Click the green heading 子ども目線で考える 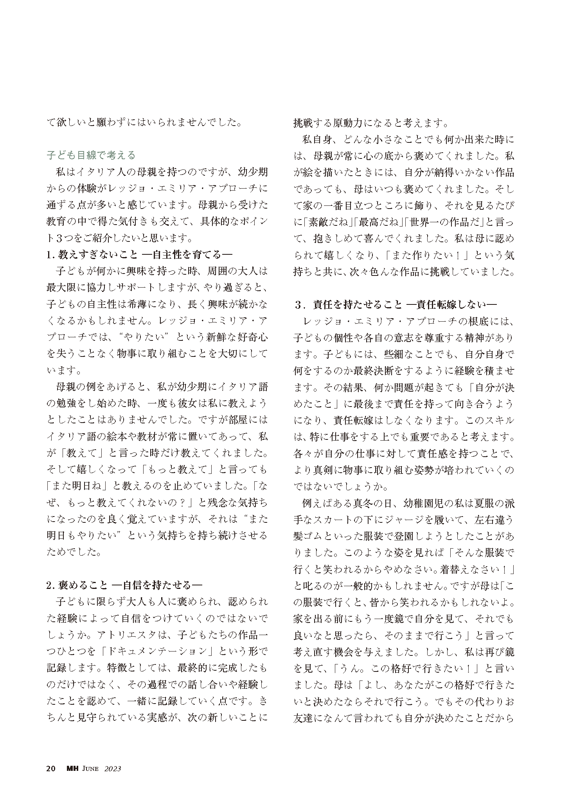pyautogui.click(x=91, y=155)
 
